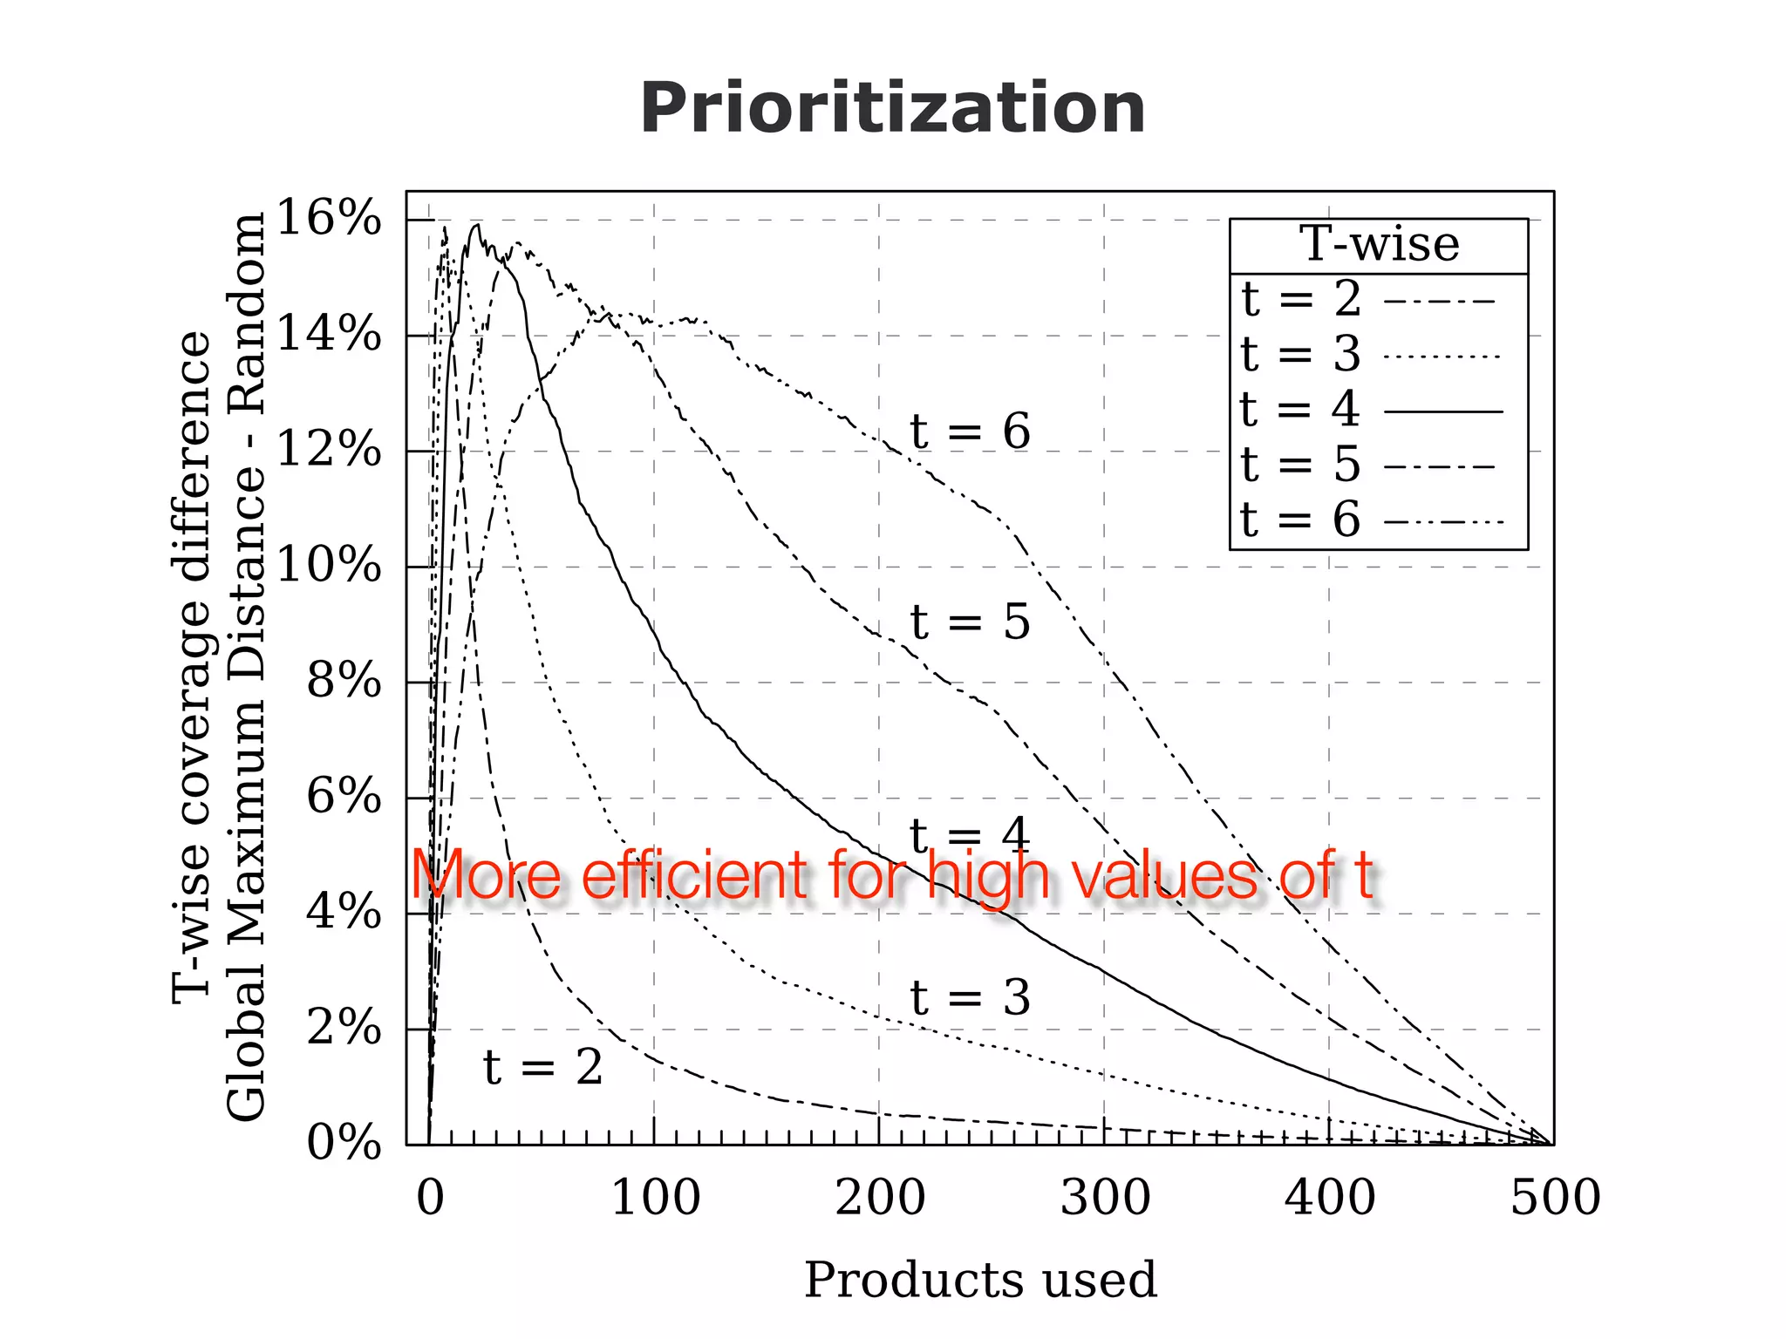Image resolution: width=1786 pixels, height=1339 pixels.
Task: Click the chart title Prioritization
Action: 892,109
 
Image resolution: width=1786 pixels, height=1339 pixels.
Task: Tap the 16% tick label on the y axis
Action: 329,218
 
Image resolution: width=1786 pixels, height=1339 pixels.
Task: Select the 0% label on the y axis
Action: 344,1143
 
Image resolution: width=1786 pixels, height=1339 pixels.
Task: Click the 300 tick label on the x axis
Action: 1105,1198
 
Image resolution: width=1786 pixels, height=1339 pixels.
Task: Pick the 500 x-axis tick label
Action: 1555,1198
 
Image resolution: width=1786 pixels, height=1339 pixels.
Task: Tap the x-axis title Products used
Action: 980,1280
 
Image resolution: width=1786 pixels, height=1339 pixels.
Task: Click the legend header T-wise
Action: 1379,244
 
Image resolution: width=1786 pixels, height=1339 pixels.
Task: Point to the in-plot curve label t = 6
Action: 970,432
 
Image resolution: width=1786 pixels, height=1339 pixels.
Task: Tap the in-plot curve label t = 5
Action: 970,622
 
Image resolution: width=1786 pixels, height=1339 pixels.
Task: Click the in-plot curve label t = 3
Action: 970,997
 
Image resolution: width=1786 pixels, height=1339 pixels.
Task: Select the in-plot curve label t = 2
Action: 542,1067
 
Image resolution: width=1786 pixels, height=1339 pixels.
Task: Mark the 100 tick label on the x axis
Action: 655,1198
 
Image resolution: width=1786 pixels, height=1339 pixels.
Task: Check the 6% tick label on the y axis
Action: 344,797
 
